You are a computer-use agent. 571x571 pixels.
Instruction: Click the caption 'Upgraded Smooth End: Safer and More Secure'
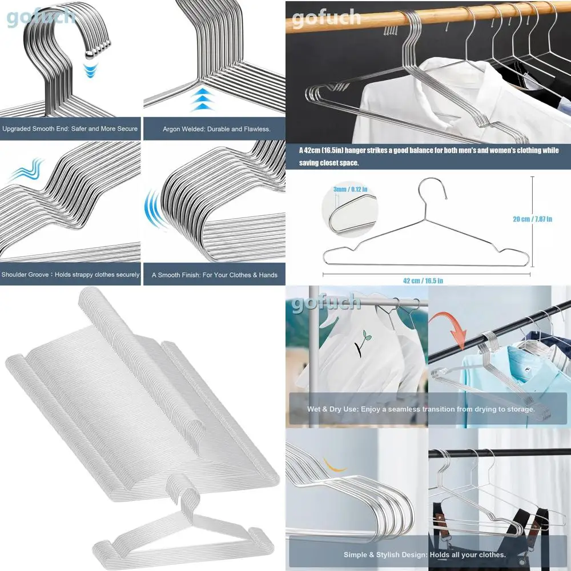tap(70, 129)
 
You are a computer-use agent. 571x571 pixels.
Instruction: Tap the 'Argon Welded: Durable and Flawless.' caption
tap(212, 129)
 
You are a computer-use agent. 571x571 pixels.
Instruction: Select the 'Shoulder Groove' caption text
tap(70, 275)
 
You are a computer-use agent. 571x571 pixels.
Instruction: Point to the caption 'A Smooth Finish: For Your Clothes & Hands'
tap(215, 275)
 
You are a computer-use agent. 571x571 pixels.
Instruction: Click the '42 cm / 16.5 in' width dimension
tap(423, 280)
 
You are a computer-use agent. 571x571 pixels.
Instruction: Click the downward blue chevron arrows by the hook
tap(89, 72)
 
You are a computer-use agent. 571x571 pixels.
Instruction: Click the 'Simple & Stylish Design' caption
tap(425, 554)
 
